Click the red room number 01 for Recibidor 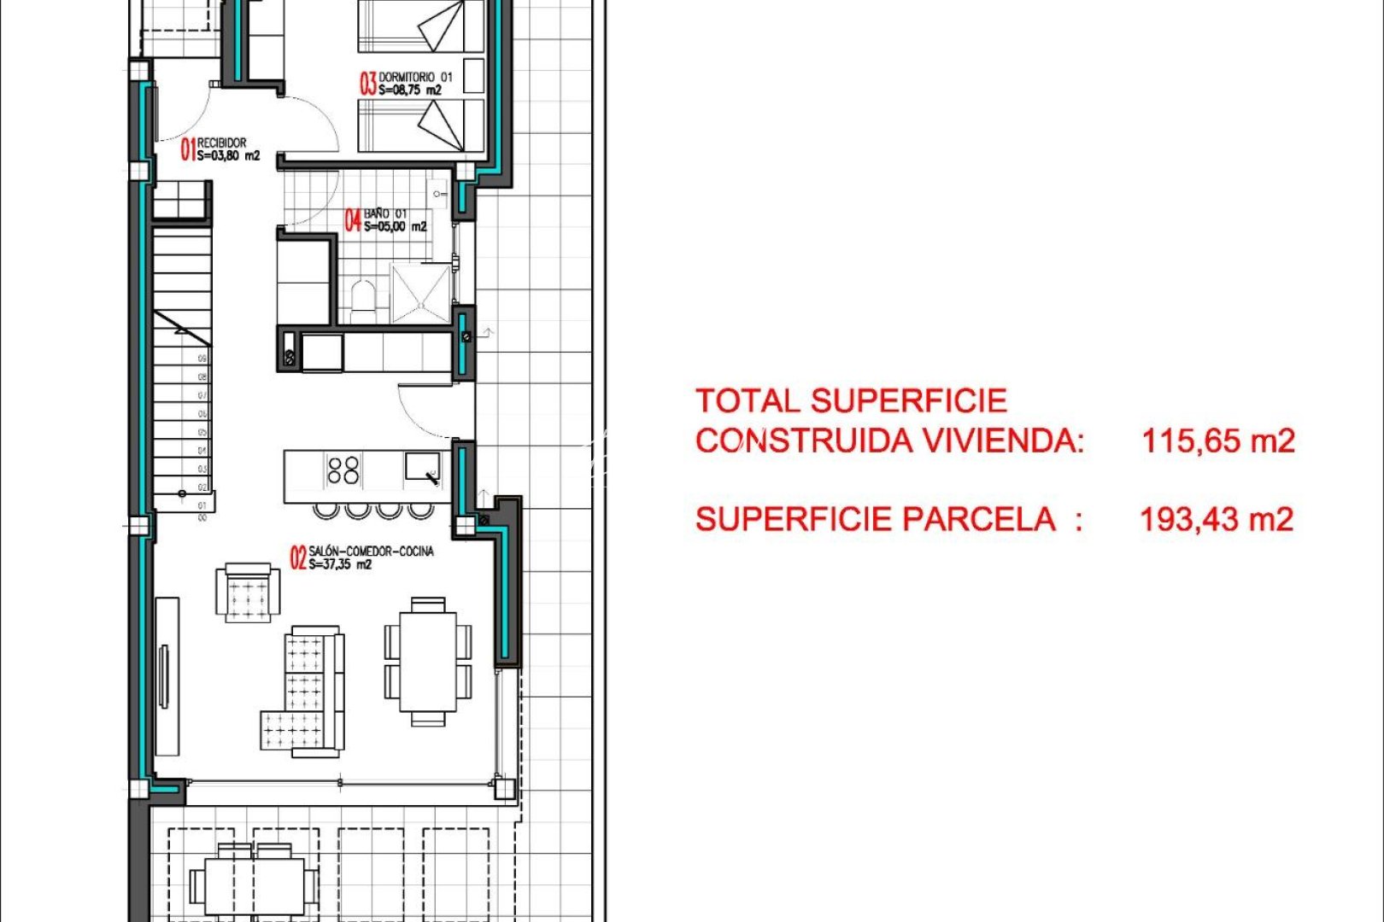(x=188, y=149)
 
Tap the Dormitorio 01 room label (x=415, y=77)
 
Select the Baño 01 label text (x=385, y=213)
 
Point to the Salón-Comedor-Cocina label (x=371, y=551)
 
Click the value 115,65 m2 (x=1218, y=441)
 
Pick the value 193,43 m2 (x=1217, y=519)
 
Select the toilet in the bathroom (x=362, y=301)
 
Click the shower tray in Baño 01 (x=420, y=293)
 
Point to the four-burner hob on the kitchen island (x=343, y=470)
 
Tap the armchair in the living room (x=248, y=592)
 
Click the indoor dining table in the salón (x=428, y=662)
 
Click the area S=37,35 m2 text (x=340, y=564)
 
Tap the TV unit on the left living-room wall (x=167, y=676)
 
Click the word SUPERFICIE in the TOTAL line (x=909, y=400)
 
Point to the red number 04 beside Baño (x=353, y=220)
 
